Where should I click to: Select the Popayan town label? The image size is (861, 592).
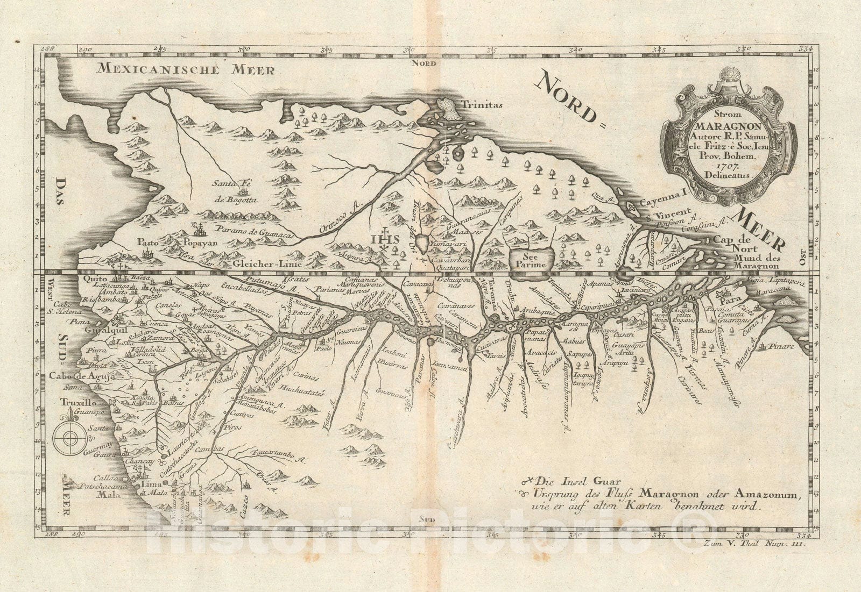[201, 242]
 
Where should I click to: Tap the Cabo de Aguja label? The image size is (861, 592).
[81, 376]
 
